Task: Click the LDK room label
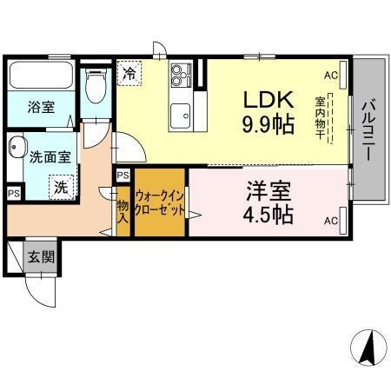pyautogui.click(x=261, y=97)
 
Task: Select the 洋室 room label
pyautogui.click(x=268, y=190)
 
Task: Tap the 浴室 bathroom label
pyautogui.click(x=41, y=108)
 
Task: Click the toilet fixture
pyautogui.click(x=97, y=87)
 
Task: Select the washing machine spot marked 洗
pyautogui.click(x=59, y=186)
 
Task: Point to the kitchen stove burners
pyautogui.click(x=180, y=75)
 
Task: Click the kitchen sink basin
pyautogui.click(x=181, y=113)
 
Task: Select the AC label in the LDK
pyautogui.click(x=330, y=76)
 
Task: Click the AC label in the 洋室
pyautogui.click(x=330, y=221)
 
